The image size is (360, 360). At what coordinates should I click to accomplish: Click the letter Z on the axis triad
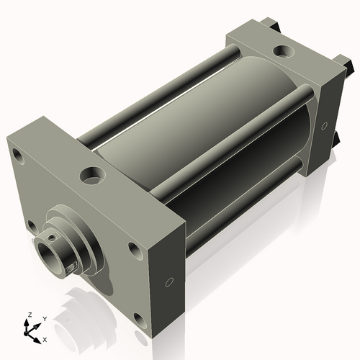pyautogui.click(x=30, y=315)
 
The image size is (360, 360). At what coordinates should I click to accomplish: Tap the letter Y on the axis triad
pyautogui.click(x=45, y=319)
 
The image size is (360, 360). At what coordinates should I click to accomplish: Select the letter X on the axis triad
pyautogui.click(x=45, y=340)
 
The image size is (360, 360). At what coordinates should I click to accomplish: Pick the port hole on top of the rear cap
pyautogui.click(x=284, y=51)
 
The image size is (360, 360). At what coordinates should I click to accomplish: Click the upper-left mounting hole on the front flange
pyautogui.click(x=18, y=156)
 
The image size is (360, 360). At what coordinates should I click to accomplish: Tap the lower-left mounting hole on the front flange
pyautogui.click(x=32, y=227)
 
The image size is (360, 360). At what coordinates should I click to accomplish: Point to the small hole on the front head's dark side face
pyautogui.click(x=169, y=282)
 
